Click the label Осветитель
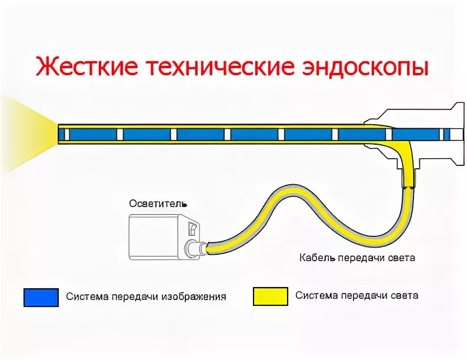(x=158, y=204)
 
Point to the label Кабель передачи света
(x=357, y=258)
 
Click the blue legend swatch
(x=41, y=297)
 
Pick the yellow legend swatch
(x=270, y=296)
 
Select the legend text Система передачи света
(x=357, y=295)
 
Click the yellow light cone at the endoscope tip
(x=26, y=134)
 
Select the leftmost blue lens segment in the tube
(x=92, y=134)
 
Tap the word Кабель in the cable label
(x=316, y=258)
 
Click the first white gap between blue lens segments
(x=120, y=134)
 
